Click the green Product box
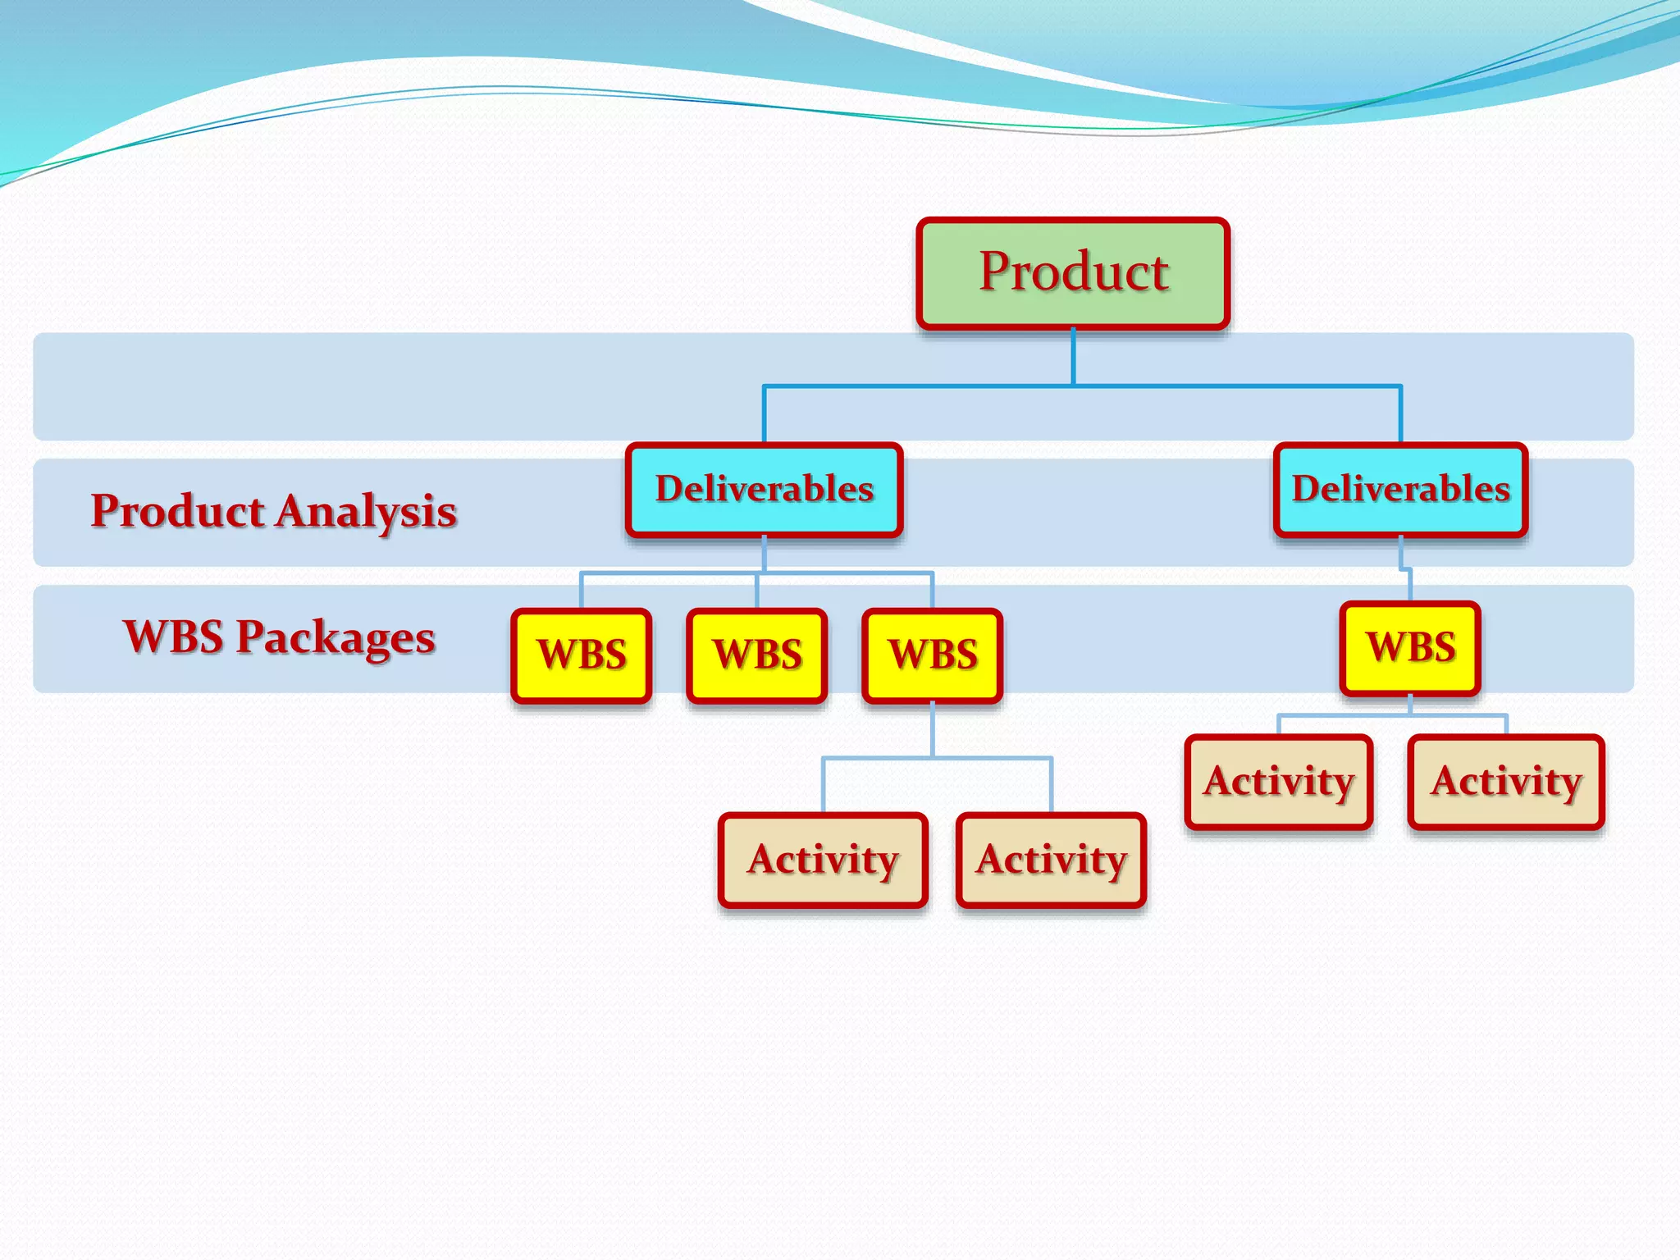pos(1073,273)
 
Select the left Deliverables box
pos(765,490)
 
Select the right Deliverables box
pos(1401,490)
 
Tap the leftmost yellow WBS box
pos(582,655)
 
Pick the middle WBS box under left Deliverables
pos(757,655)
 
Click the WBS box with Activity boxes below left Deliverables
pos(933,655)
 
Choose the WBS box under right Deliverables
pos(1410,648)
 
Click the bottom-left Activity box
pos(823,861)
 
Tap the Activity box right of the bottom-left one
pos(1051,861)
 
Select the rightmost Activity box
pos(1506,782)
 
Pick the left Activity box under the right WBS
pos(1279,782)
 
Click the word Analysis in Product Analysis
pos(366,512)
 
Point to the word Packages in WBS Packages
pos(336,638)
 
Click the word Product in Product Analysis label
pos(177,510)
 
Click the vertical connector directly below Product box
pos(1073,358)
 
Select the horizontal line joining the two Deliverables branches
pos(919,386)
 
